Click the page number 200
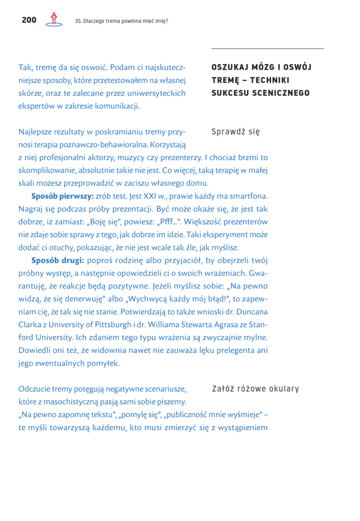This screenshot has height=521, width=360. tap(29, 20)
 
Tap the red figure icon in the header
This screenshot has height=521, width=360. tap(53, 19)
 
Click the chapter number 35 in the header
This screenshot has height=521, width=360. tap(78, 21)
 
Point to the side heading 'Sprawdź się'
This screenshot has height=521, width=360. tap(235, 132)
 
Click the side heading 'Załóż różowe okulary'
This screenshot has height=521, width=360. tap(255, 389)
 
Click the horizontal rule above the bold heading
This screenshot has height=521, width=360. tap(267, 48)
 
